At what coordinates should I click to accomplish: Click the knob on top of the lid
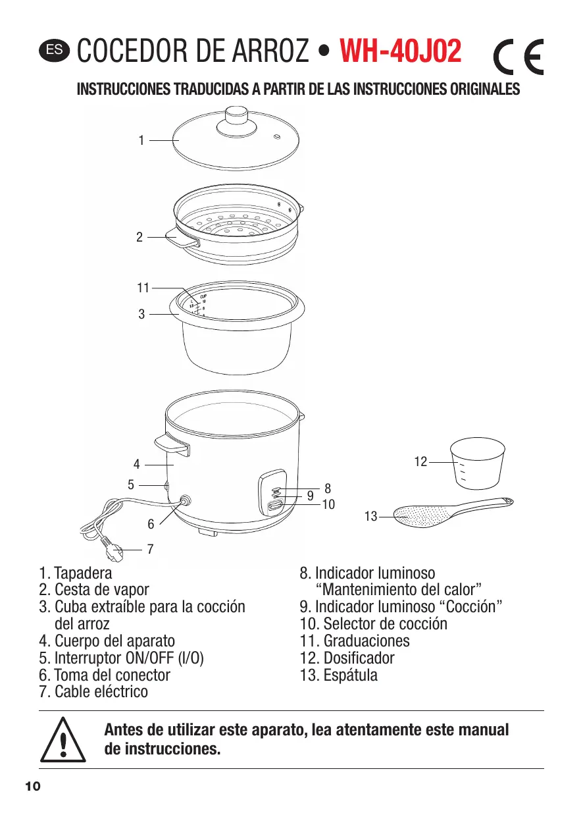(x=234, y=116)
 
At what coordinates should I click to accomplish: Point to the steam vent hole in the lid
(x=276, y=137)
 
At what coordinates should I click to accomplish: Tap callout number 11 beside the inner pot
(x=143, y=287)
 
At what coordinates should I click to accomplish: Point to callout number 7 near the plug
(x=150, y=548)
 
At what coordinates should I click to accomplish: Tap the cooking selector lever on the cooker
(x=276, y=506)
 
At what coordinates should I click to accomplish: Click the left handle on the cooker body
(x=172, y=446)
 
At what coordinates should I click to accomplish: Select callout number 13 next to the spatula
(x=370, y=517)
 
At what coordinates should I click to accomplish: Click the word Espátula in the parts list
(x=350, y=675)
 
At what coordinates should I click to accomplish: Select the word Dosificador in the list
(x=359, y=658)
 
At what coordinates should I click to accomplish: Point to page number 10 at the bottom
(x=33, y=787)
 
